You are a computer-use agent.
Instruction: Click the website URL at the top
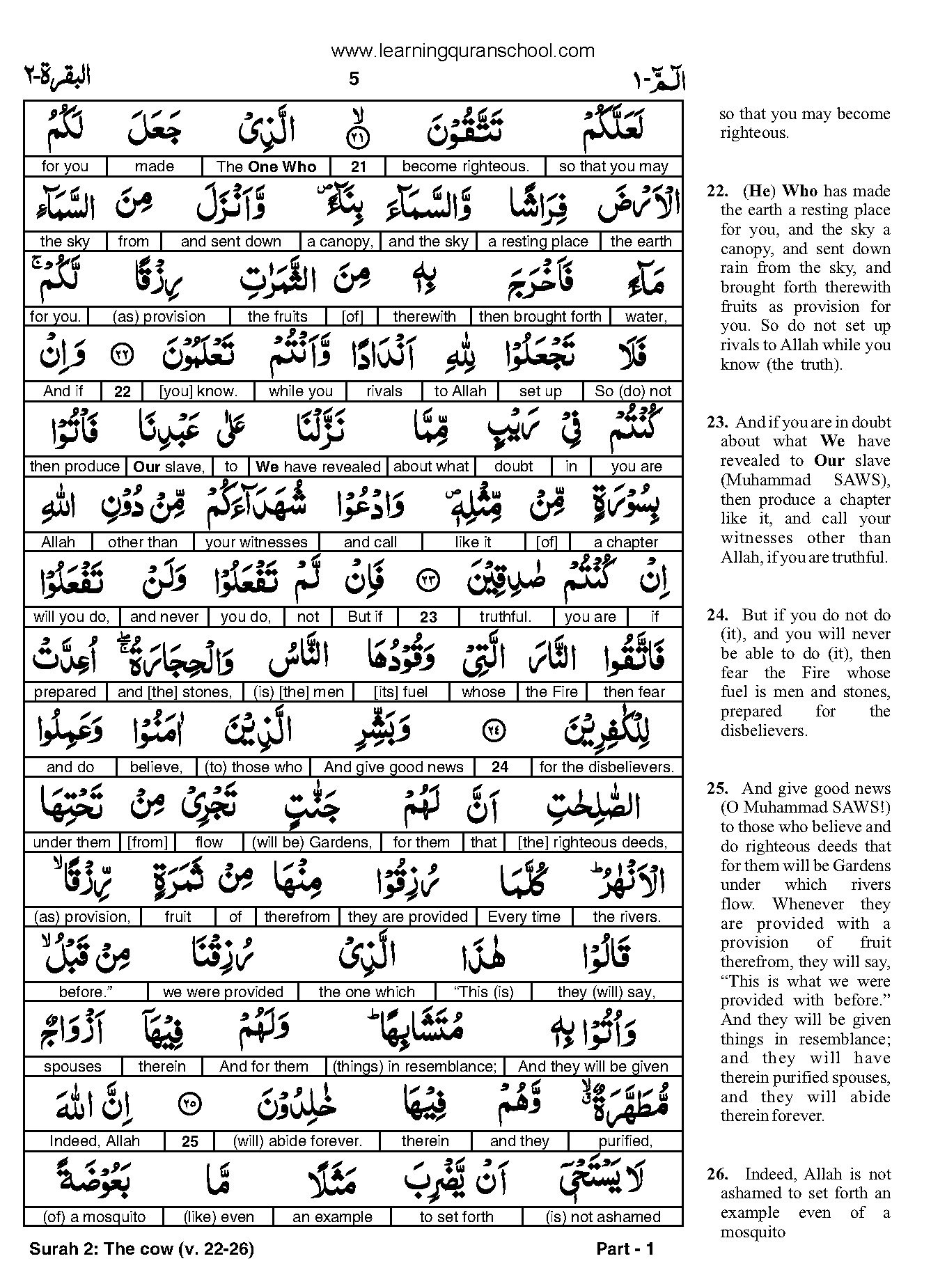tap(462, 51)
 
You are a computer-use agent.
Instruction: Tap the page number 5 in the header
tap(354, 79)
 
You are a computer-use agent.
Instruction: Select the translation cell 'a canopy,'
tap(340, 242)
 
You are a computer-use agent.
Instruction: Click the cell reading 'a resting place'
tap(538, 242)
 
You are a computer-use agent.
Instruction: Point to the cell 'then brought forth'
tap(540, 317)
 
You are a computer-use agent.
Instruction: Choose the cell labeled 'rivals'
tap(384, 391)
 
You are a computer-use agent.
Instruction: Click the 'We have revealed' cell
tap(318, 467)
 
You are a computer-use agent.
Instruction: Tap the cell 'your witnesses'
tap(256, 542)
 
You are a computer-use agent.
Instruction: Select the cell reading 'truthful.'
tap(505, 617)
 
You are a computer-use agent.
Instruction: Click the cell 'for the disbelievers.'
tap(606, 767)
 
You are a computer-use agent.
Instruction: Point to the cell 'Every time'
tap(524, 917)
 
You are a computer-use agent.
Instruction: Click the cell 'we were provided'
tap(223, 992)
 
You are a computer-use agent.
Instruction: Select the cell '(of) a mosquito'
tap(94, 1217)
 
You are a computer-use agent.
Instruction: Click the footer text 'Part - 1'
tap(625, 1249)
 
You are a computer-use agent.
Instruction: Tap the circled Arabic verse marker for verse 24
tap(494, 730)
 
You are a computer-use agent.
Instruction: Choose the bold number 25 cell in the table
tap(189, 1142)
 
